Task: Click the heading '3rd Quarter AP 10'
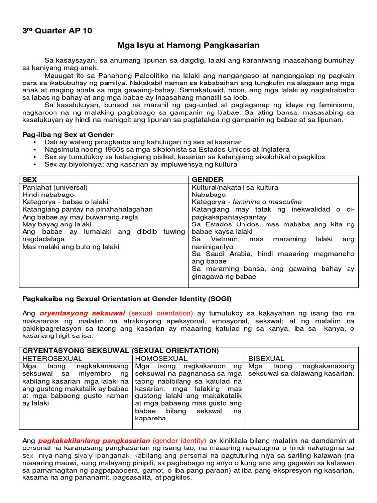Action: [x=57, y=31]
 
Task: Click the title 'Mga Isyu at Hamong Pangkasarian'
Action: [x=188, y=45]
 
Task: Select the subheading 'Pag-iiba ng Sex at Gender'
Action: [x=68, y=134]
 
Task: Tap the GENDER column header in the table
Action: [x=208, y=180]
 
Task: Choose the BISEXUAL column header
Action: [x=267, y=359]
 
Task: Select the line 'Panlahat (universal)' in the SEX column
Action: [x=55, y=187]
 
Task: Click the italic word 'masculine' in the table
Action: [x=285, y=202]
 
